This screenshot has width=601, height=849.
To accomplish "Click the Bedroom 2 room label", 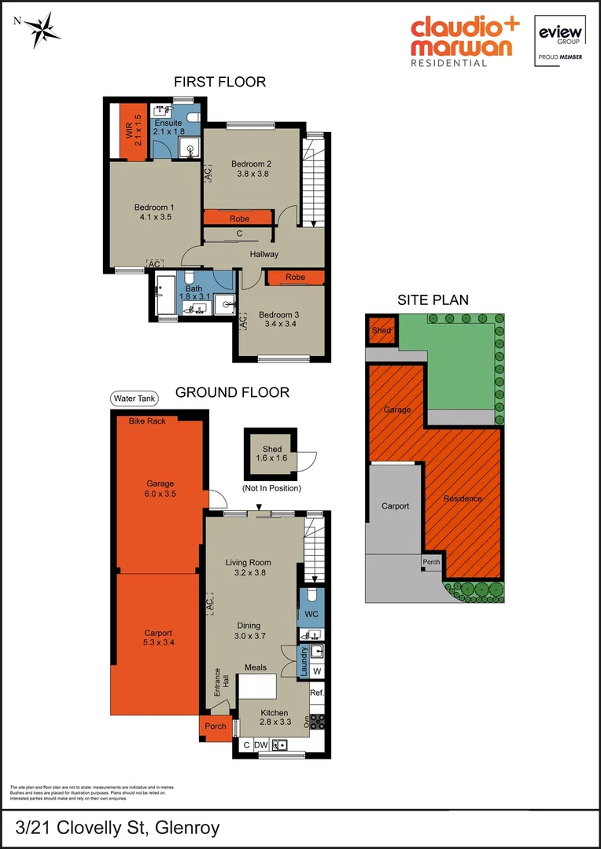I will [251, 164].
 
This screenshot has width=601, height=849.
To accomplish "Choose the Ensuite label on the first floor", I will [168, 123].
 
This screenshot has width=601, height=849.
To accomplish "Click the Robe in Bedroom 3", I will [295, 277].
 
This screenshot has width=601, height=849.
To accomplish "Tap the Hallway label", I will [264, 255].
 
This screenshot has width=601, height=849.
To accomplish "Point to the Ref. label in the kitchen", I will [317, 693].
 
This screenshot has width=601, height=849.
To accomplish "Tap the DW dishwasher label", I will [262, 744].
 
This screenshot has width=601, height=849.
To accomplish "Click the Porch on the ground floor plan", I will [215, 726].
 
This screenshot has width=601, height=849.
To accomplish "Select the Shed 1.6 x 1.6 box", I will [271, 454].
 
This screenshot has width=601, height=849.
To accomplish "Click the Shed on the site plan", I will [382, 331].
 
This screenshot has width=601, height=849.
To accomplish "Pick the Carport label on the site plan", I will [395, 506].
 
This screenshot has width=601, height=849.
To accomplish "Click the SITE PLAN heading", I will [433, 300].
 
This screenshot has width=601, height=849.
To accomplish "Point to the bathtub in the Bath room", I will [167, 295].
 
